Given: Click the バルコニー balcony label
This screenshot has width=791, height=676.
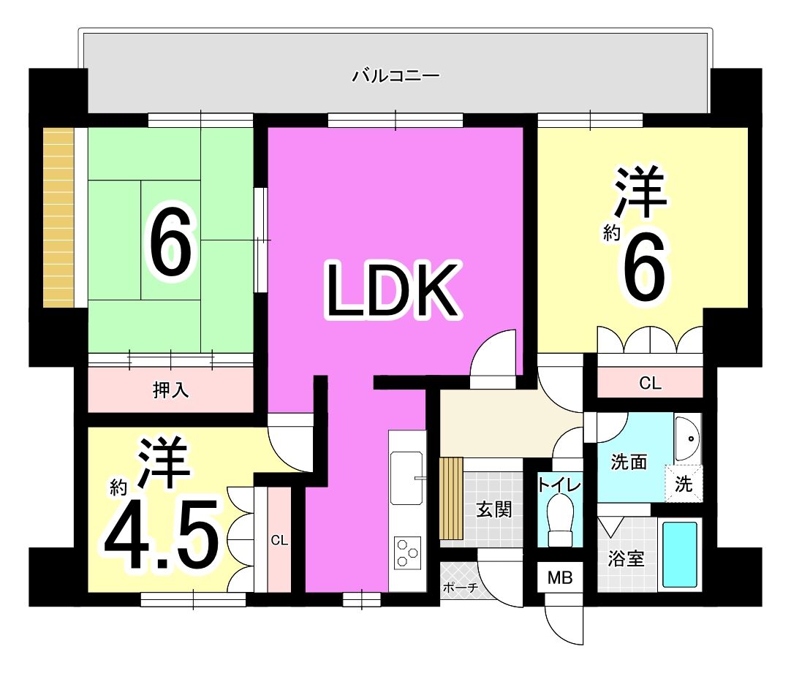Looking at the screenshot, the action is click(x=395, y=76).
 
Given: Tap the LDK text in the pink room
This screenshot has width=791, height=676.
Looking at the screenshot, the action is click(x=393, y=290).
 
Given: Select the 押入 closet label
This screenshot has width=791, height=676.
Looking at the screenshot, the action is click(x=170, y=390).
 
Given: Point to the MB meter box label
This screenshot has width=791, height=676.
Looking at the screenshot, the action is click(x=560, y=577).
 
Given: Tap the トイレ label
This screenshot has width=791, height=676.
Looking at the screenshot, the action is click(x=559, y=485).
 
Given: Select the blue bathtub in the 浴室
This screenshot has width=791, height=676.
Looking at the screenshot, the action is click(x=679, y=555).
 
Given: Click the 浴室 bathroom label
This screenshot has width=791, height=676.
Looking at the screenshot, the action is click(x=626, y=558).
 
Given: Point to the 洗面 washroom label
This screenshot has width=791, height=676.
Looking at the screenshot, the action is click(x=629, y=462).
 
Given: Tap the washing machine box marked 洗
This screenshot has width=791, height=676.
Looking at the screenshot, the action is click(x=684, y=484).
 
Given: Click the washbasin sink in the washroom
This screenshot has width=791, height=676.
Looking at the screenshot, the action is click(x=688, y=438).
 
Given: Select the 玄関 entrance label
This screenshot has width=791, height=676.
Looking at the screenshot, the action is click(x=494, y=509).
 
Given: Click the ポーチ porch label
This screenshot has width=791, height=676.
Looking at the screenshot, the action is click(x=460, y=588).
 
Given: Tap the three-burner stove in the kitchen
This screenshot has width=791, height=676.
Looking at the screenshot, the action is click(x=408, y=553).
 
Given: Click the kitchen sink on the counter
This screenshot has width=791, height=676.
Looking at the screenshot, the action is click(x=406, y=477).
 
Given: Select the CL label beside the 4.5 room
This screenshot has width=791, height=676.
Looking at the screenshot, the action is click(x=279, y=540).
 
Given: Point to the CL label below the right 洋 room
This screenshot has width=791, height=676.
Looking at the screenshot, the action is click(x=650, y=384).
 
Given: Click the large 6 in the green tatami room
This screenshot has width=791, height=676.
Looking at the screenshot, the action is click(x=170, y=243).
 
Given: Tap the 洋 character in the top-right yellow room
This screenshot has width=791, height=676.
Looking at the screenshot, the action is click(x=640, y=192).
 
